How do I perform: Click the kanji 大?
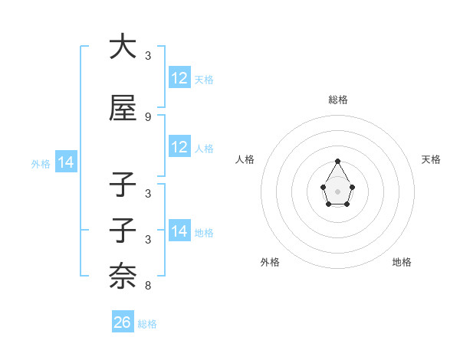coord(123,47)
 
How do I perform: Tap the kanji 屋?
coord(123,109)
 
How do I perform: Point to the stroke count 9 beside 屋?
coord(148,117)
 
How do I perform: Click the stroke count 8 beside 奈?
coord(148,286)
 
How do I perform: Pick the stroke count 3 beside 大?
coord(148,56)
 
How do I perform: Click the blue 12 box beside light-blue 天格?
coord(179,78)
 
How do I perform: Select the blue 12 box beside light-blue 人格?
coord(179,147)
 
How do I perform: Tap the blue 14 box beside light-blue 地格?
coord(179,231)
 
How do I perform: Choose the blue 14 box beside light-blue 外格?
coord(65,162)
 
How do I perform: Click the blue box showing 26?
coord(123,322)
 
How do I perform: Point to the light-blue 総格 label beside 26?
coord(148,324)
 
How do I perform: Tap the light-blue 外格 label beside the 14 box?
coord(41,163)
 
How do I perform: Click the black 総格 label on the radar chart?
coord(337,100)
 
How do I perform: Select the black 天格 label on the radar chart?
coord(431,159)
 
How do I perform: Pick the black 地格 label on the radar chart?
coord(402,262)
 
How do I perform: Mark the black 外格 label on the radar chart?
coord(270,262)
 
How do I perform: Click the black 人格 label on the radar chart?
coord(245,159)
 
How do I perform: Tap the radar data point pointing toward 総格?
coord(337,161)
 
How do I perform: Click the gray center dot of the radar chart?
coord(337,191)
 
